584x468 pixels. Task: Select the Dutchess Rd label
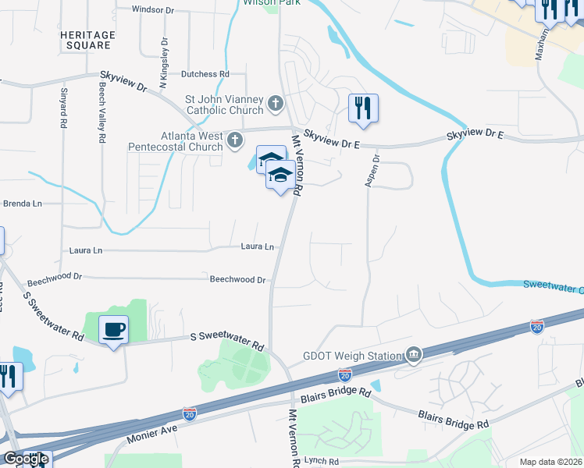(x=205, y=74)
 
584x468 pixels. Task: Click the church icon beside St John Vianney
(x=275, y=103)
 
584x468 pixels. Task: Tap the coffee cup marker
(x=114, y=330)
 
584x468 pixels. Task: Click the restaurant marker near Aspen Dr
(x=363, y=108)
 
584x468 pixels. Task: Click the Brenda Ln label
(x=22, y=203)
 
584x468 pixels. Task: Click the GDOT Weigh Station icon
(x=413, y=356)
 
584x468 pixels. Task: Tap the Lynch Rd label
(x=322, y=463)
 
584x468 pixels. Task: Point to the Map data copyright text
(x=550, y=462)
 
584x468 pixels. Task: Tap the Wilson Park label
(x=261, y=3)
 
